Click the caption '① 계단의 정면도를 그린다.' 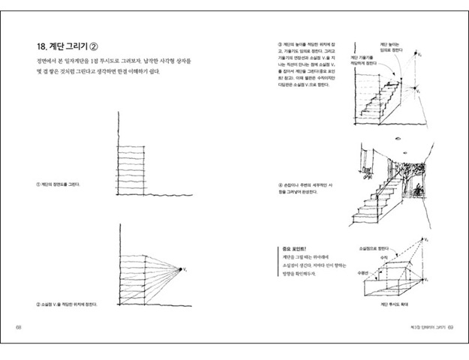(x=59, y=184)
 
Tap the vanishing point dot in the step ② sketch (x=179, y=268)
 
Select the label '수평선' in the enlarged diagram (x=362, y=273)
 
